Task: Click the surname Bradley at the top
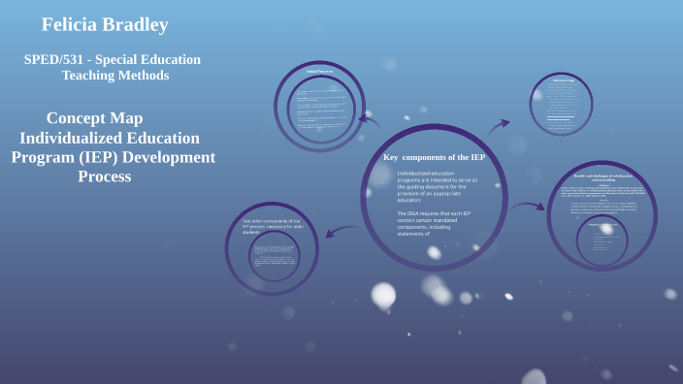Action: click(x=133, y=24)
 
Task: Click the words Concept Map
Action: click(x=94, y=117)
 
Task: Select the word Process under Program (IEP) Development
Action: click(x=104, y=176)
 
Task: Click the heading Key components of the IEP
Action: click(x=434, y=157)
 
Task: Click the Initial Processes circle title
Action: click(x=319, y=71)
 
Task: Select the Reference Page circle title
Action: click(x=563, y=80)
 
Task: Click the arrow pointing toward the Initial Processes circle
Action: click(x=369, y=119)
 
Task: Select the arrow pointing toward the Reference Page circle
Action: click(x=499, y=125)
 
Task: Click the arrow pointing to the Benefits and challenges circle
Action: click(x=529, y=206)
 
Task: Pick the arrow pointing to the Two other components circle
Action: click(x=341, y=232)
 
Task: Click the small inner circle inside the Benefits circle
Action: click(x=602, y=240)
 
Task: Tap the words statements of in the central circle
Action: click(x=413, y=235)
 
